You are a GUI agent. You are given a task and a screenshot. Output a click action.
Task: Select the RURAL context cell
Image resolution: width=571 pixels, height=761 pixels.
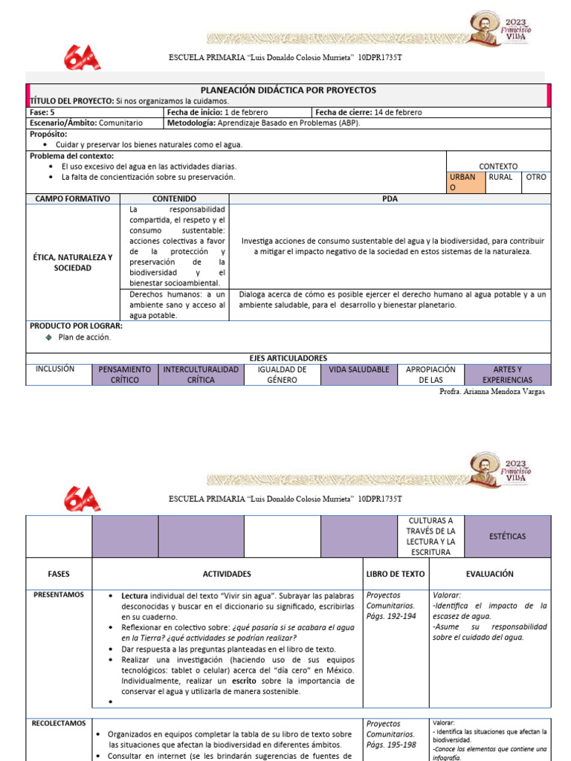[500, 178]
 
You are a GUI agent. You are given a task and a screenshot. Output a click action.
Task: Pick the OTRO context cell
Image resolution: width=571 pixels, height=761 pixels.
[535, 178]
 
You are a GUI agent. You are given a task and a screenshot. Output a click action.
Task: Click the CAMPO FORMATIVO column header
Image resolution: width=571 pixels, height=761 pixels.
[73, 199]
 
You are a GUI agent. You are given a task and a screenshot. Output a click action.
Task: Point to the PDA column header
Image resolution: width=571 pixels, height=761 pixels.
[391, 199]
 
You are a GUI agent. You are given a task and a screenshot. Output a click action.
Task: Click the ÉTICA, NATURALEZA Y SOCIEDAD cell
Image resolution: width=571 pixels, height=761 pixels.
[73, 262]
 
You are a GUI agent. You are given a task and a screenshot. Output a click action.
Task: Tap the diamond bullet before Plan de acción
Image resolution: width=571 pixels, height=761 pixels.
[49, 337]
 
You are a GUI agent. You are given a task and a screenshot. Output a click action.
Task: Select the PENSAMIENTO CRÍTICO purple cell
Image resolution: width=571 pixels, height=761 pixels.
[125, 375]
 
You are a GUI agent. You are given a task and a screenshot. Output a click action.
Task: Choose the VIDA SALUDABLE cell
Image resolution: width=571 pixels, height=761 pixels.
[358, 369]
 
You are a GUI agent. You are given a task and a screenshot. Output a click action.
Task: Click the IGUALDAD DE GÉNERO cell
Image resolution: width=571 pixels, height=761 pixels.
[282, 375]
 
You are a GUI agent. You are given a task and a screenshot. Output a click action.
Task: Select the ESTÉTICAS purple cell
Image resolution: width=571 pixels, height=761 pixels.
[508, 535]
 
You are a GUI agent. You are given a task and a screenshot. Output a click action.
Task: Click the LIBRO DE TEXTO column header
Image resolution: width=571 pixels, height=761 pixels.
[396, 574]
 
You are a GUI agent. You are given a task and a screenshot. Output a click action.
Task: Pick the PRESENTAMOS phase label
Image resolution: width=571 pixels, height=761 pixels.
[58, 595]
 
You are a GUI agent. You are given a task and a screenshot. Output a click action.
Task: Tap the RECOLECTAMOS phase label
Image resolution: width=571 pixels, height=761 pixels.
[58, 722]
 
